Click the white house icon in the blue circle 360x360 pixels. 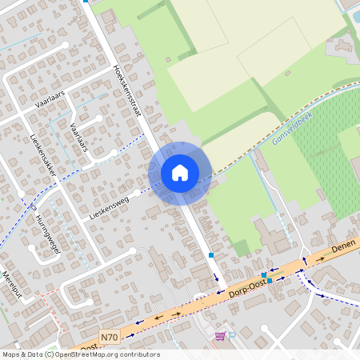[180, 172]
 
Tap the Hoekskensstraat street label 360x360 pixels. [128, 90]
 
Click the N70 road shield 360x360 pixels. [110, 337]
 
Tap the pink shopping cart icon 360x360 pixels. [219, 337]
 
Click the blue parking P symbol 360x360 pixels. [232, 336]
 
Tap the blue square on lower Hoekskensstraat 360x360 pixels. [211, 254]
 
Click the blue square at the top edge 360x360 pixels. [86, 2]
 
